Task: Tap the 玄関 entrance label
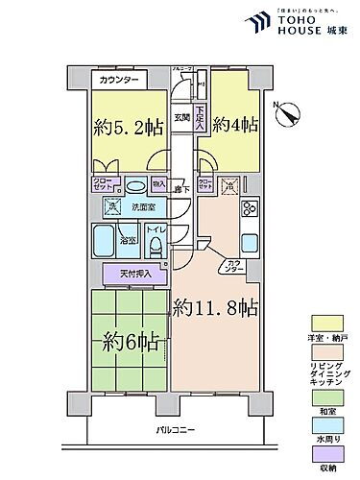pos(181,118)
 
